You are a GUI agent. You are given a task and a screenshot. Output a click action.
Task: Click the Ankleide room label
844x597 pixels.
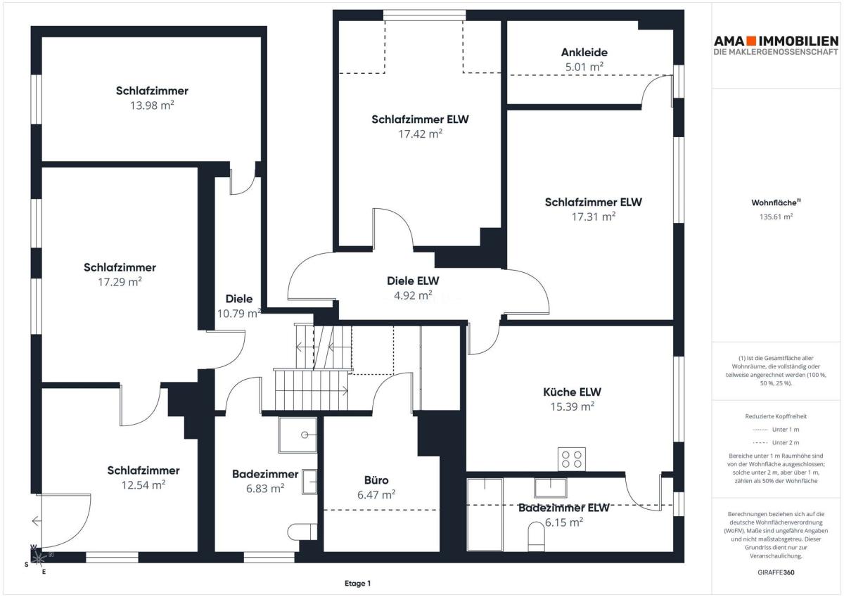[x=584, y=52]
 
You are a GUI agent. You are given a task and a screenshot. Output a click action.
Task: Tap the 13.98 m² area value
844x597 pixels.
[x=152, y=105]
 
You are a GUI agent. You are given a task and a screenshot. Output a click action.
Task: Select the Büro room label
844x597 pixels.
[x=376, y=480]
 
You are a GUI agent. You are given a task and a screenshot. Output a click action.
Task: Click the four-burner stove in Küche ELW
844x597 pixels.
[x=572, y=458]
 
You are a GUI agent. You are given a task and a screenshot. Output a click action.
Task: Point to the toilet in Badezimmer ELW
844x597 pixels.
[x=536, y=537]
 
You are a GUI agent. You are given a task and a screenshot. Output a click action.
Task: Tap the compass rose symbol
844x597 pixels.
[x=39, y=559]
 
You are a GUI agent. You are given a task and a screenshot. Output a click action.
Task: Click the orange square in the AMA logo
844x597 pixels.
[x=752, y=41]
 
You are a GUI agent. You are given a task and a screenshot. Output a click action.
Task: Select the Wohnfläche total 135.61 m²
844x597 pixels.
[x=776, y=217]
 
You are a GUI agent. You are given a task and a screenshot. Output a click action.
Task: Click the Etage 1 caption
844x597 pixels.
[x=357, y=584]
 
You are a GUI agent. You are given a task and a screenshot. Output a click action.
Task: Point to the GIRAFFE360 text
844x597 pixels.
[x=776, y=572]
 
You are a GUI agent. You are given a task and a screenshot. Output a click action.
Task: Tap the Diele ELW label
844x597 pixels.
[x=413, y=281]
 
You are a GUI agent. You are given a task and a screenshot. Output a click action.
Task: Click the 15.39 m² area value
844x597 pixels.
[x=572, y=406]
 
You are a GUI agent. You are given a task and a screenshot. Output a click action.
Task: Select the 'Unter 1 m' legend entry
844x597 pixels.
[x=776, y=430]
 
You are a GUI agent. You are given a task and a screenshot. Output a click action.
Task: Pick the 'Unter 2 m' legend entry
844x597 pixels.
[x=776, y=442]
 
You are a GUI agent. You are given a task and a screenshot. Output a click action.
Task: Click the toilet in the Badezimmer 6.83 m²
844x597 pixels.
[x=302, y=532]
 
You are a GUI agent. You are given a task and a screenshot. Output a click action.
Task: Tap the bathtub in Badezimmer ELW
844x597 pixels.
[x=485, y=515]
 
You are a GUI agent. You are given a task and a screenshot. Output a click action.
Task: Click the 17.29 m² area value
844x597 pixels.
[x=120, y=282]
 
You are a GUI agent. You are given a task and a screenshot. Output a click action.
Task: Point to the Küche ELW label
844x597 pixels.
[x=572, y=392]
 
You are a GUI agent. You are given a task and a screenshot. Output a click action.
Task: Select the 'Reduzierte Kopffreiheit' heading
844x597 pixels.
[x=776, y=416]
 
